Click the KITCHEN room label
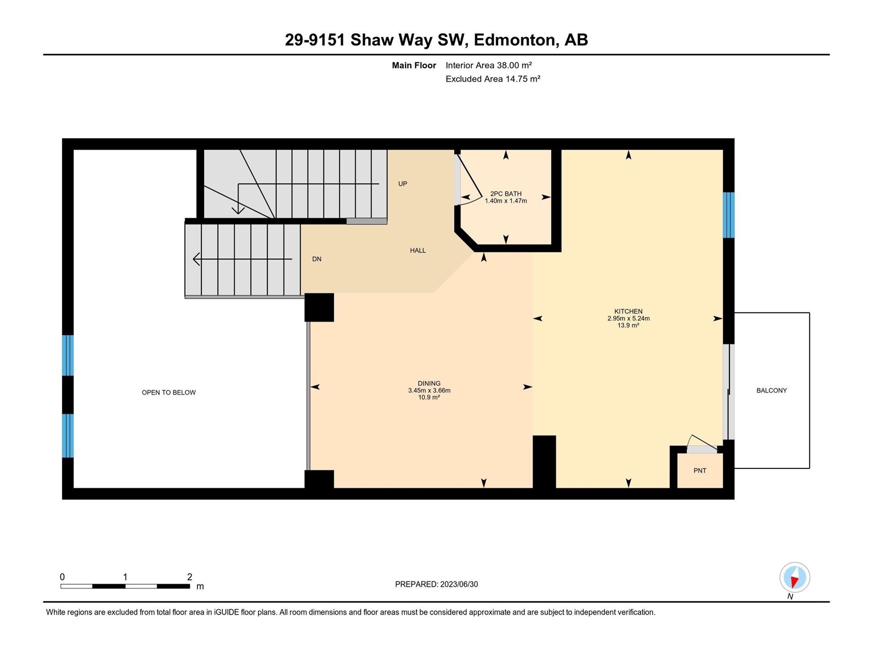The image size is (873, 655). pos(628,311)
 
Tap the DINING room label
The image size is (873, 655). pos(429,383)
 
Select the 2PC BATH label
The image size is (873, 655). pos(505,194)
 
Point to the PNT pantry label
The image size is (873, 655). pos(699,471)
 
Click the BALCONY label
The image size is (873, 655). pos(771,390)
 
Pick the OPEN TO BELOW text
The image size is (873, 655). pos(169,392)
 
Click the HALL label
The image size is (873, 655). pos(417,251)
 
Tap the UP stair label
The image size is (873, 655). pos(403,184)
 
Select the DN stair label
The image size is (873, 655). pos(316,259)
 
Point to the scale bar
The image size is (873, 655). pos(125,586)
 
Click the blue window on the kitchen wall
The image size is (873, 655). pos(728,215)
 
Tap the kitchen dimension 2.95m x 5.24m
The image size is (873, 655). pos(628,318)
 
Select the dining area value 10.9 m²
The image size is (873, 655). pos(429,397)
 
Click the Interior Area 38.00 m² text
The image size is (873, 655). pos(488,65)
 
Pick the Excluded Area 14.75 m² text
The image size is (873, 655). pos(493,79)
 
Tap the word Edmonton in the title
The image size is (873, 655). pos(515,40)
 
